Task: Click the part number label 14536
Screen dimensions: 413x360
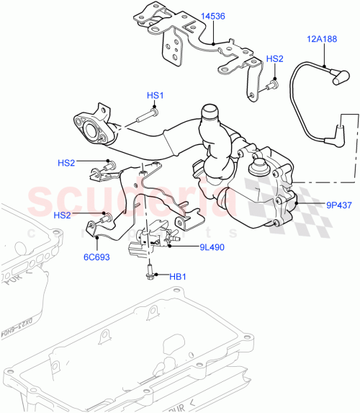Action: pos(212,35)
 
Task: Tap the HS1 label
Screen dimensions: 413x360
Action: pos(156,95)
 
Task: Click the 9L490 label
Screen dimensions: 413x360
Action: pos(193,247)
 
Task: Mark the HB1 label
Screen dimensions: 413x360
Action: pos(177,276)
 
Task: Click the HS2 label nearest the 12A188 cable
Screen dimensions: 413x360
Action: pos(276,59)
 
